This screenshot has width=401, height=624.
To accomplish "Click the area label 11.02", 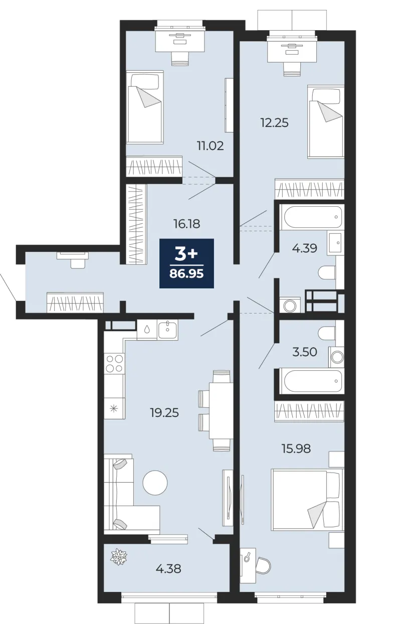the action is (211, 146).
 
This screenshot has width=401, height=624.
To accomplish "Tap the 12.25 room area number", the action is (274, 122).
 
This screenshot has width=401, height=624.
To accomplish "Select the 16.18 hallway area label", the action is (187, 224).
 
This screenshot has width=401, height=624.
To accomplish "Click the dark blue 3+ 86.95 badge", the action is (186, 263).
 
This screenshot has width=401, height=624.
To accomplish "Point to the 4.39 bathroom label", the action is (304, 248).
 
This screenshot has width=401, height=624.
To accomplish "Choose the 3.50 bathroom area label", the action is (305, 352).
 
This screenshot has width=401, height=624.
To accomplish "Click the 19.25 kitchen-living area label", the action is (164, 412).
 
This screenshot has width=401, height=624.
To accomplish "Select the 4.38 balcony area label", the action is (168, 568).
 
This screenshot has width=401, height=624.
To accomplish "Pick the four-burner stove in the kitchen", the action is (114, 364).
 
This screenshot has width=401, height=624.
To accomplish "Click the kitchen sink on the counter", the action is (167, 330).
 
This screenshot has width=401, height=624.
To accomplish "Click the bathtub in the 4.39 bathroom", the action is (311, 217).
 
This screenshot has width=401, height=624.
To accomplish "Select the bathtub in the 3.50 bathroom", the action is (311, 381).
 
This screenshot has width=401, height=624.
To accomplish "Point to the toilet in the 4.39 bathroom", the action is (327, 272).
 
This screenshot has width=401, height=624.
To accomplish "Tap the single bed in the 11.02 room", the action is (144, 107).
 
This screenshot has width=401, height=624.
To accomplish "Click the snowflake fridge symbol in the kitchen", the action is (114, 409).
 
